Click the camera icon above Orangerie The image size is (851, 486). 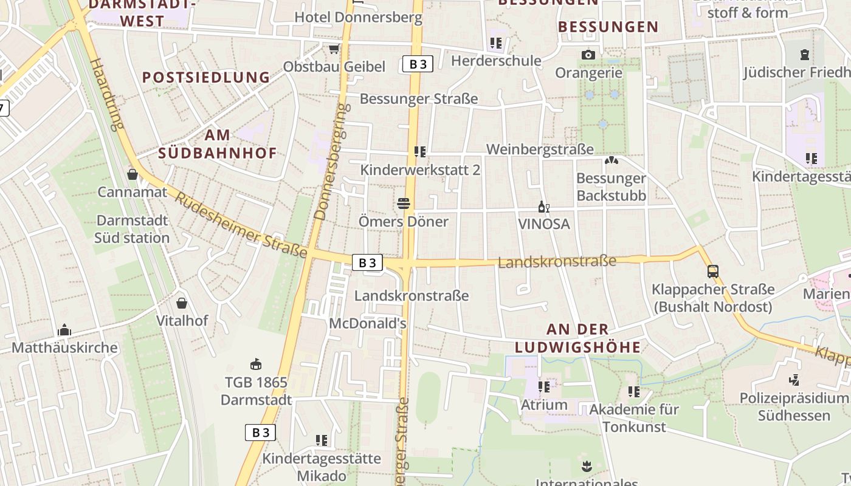pos(587,55)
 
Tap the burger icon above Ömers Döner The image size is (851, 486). pos(403,203)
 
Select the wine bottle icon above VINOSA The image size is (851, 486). pos(543,207)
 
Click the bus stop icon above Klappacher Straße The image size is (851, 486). pos(713,272)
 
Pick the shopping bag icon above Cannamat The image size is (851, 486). pos(133,175)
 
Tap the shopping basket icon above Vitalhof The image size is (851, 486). pos(182,303)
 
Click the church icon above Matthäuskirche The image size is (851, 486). pos(64,330)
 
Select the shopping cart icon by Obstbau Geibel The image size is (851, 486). pos(334,49)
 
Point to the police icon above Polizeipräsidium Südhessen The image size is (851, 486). pos(793,380)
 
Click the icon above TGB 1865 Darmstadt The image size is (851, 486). pos(256,364)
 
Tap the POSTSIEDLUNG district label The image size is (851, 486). pos(206,77)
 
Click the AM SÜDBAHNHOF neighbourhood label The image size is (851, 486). pos(218,143)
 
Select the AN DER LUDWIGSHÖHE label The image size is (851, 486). pos(577,338)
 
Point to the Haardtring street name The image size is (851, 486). pos(106,94)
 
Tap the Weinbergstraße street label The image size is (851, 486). pos(540,149)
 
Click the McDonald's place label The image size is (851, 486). pos(367,323)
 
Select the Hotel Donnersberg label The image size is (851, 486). pos(358,17)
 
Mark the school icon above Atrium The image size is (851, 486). pos(543,386)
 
